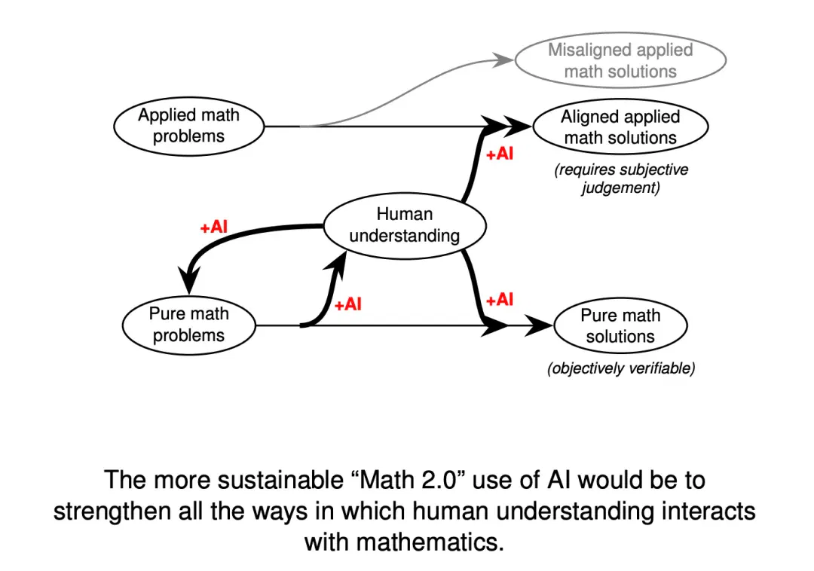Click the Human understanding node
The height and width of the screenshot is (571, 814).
click(x=405, y=225)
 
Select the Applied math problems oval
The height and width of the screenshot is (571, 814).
click(x=189, y=126)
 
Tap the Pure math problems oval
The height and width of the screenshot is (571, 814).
click(x=189, y=325)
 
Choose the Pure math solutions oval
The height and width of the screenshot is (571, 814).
click(x=620, y=325)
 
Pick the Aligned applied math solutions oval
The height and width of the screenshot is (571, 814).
click(x=620, y=127)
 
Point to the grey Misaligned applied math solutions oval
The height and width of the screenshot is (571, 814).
click(x=620, y=60)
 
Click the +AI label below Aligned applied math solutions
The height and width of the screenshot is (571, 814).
click(x=500, y=154)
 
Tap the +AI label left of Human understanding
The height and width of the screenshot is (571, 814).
click(x=214, y=227)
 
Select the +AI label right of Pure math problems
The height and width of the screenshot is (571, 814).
click(x=347, y=304)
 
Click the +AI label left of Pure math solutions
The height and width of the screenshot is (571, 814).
click(x=500, y=299)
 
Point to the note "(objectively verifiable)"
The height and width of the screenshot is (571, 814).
click(x=621, y=368)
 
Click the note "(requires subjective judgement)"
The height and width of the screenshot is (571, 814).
click(x=621, y=179)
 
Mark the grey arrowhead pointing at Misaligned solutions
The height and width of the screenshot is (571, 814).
click(x=503, y=60)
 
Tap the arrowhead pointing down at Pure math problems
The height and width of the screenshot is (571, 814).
click(x=188, y=280)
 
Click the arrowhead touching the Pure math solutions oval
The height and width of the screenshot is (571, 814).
click(x=539, y=325)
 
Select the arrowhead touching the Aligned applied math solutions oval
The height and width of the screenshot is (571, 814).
click(x=518, y=126)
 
